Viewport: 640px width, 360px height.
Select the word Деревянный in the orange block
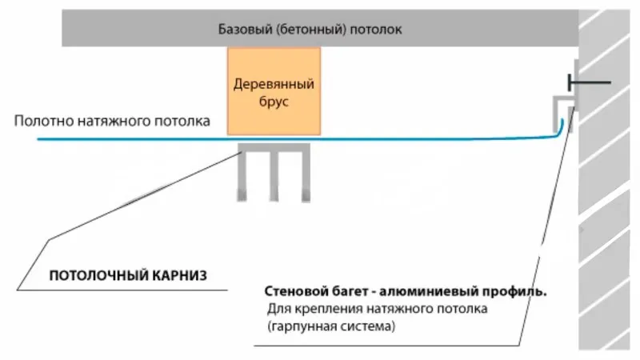click(x=274, y=85)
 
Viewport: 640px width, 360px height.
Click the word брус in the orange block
click(x=274, y=102)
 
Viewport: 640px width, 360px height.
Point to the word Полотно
click(x=44, y=121)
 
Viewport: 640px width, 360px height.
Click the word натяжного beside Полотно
click(x=114, y=122)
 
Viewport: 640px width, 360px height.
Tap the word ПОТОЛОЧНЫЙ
click(x=98, y=275)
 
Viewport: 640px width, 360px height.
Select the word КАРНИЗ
click(x=179, y=275)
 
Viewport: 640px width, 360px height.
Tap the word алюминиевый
click(x=429, y=292)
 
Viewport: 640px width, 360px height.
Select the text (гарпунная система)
click(x=331, y=326)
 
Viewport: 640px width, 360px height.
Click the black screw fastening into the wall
click(x=590, y=82)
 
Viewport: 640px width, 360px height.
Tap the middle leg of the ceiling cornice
click(x=274, y=175)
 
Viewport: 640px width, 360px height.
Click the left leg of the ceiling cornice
click(x=242, y=175)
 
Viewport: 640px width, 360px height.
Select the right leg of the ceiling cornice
click(x=306, y=175)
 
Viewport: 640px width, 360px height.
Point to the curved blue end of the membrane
click(x=559, y=130)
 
